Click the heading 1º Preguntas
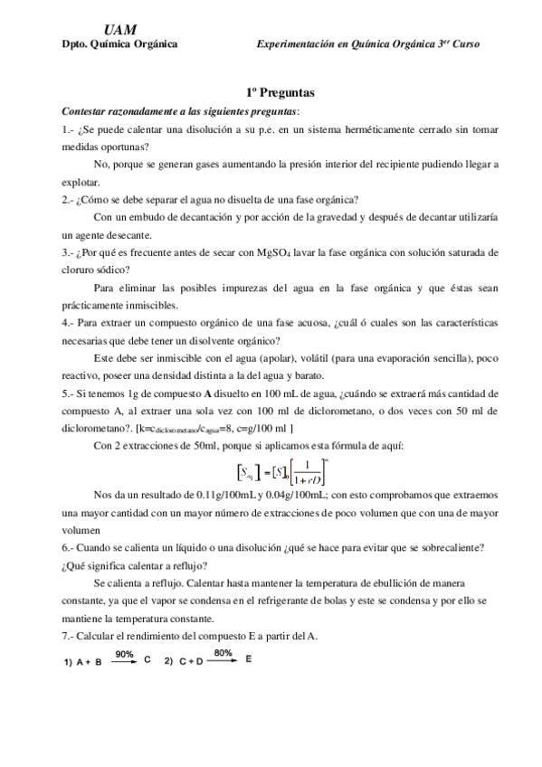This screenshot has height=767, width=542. (x=280, y=93)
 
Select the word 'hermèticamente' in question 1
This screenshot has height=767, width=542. (x=347, y=129)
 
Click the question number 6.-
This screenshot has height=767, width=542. (x=69, y=547)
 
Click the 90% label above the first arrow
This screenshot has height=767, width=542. (x=125, y=652)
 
